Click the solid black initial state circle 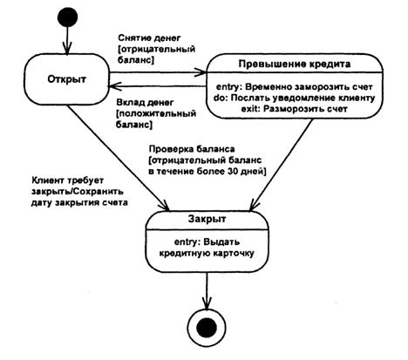68,17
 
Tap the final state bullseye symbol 207,328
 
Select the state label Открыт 67,79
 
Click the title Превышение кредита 295,64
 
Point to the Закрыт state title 207,219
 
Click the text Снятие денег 149,38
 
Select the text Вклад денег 145,103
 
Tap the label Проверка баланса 192,149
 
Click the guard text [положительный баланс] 156,119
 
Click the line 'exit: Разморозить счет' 294,109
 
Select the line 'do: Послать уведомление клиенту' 294,98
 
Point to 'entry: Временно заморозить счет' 294,87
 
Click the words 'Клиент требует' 67,180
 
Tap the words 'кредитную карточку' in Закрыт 207,253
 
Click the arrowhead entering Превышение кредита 201,72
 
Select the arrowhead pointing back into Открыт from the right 114,86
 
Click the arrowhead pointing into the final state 207,304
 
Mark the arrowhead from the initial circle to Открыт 68,49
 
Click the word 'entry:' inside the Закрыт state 187,242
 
